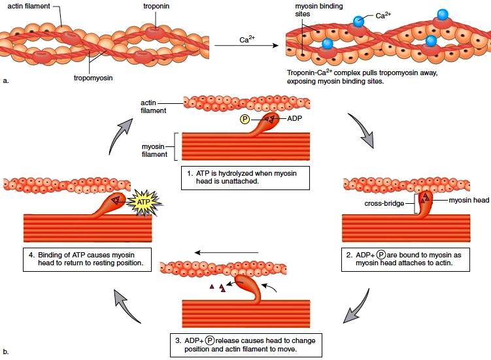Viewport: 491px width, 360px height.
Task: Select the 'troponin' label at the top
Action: (158, 6)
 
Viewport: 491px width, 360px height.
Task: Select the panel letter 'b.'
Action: (6, 353)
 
